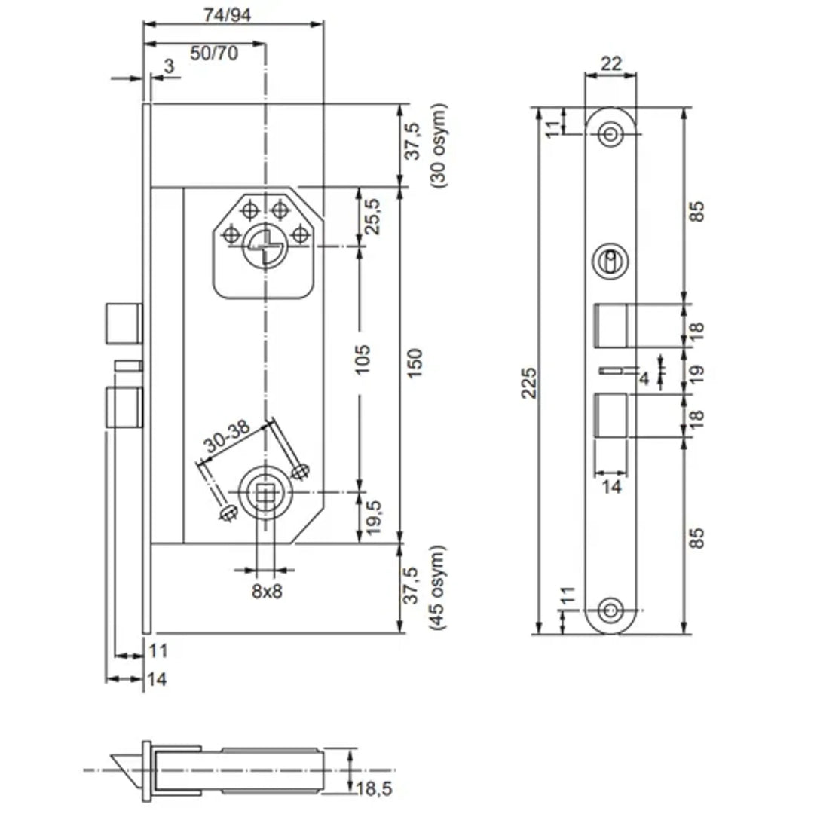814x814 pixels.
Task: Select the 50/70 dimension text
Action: (x=213, y=52)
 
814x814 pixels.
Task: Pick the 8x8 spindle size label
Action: (x=266, y=592)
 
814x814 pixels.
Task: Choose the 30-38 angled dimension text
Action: (x=229, y=438)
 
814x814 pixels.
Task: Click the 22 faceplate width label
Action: (x=611, y=64)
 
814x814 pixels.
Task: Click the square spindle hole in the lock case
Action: (x=265, y=494)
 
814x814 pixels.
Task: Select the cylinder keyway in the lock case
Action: (x=262, y=245)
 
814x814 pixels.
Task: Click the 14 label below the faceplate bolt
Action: (x=611, y=487)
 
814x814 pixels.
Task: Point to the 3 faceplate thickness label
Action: (x=168, y=66)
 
